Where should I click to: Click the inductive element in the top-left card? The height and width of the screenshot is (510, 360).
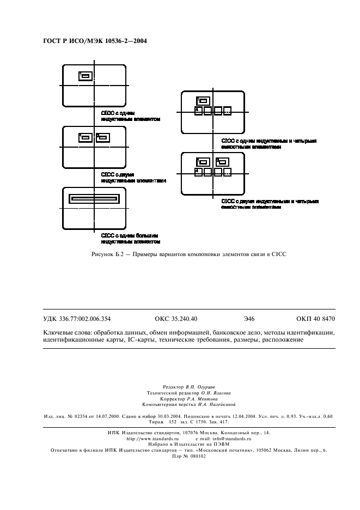click(x=85, y=76)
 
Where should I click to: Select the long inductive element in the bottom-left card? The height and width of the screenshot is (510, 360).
click(x=93, y=199)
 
